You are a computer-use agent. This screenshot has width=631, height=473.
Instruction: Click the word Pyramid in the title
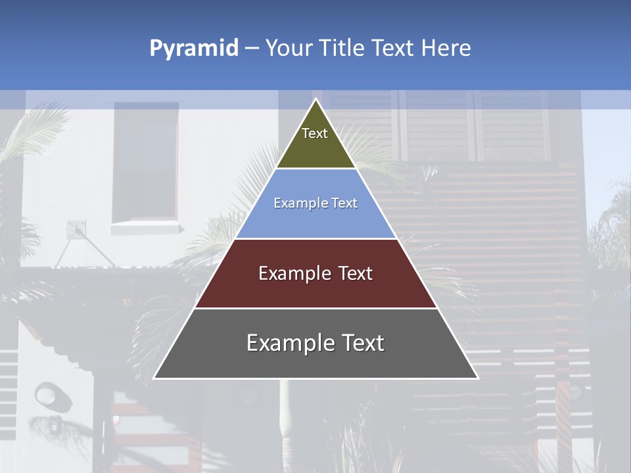pyautogui.click(x=193, y=48)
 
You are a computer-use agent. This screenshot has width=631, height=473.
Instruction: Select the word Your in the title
pyautogui.click(x=287, y=48)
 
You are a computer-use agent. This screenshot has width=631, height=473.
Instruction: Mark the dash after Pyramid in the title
pyautogui.click(x=251, y=49)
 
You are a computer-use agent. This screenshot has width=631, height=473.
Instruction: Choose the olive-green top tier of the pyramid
pyautogui.click(x=315, y=141)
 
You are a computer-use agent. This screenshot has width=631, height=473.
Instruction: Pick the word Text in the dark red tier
pyautogui.click(x=356, y=273)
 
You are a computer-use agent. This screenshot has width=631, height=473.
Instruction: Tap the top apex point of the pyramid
pyautogui.click(x=315, y=99)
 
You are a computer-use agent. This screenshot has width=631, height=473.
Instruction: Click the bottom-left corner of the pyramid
pyautogui.click(x=154, y=378)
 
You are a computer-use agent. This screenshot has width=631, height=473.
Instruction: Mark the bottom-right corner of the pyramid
pyautogui.click(x=477, y=378)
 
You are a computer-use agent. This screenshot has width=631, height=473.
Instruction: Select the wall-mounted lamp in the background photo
pyautogui.click(x=47, y=394)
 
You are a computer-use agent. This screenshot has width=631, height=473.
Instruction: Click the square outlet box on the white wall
pyautogui.click(x=76, y=229)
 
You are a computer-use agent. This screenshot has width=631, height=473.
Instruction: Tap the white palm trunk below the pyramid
pyautogui.click(x=287, y=414)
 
